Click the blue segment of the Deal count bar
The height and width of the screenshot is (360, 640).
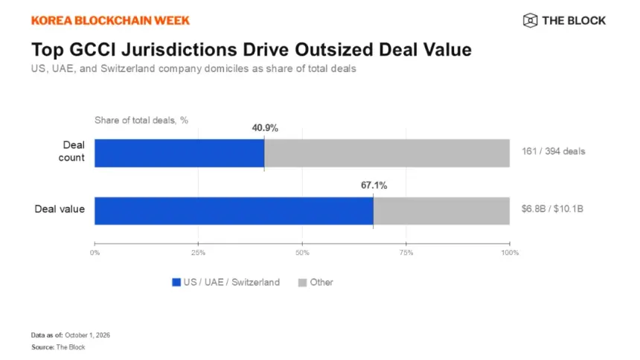pyautogui.click(x=179, y=153)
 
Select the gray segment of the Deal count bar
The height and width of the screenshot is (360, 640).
pyautogui.click(x=387, y=153)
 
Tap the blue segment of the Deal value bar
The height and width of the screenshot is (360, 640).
pyautogui.click(x=234, y=211)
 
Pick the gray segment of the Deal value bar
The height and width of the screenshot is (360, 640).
pyautogui.click(x=441, y=211)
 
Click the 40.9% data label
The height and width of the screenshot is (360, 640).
pyautogui.click(x=265, y=128)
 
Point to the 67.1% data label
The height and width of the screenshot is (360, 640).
pyautogui.click(x=374, y=185)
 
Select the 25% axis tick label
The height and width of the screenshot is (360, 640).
pyautogui.click(x=199, y=253)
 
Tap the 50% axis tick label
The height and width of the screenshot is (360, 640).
pyautogui.click(x=302, y=253)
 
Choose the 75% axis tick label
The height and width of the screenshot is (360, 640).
pyautogui.click(x=406, y=253)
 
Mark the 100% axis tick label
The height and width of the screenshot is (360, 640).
pyautogui.click(x=510, y=253)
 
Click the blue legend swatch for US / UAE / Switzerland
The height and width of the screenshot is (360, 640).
pyautogui.click(x=176, y=283)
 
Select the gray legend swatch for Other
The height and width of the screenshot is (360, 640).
pyautogui.click(x=302, y=283)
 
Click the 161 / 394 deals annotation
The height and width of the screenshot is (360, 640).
pyautogui.click(x=554, y=152)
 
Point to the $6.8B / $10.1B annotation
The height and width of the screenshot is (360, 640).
pyautogui.click(x=552, y=209)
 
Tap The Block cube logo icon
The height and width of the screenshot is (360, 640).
pyautogui.click(x=530, y=20)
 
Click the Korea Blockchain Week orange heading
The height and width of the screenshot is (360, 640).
pyautogui.click(x=111, y=21)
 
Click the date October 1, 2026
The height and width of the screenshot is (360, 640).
pyautogui.click(x=87, y=335)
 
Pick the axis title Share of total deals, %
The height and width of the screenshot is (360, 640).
pyautogui.click(x=141, y=120)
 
